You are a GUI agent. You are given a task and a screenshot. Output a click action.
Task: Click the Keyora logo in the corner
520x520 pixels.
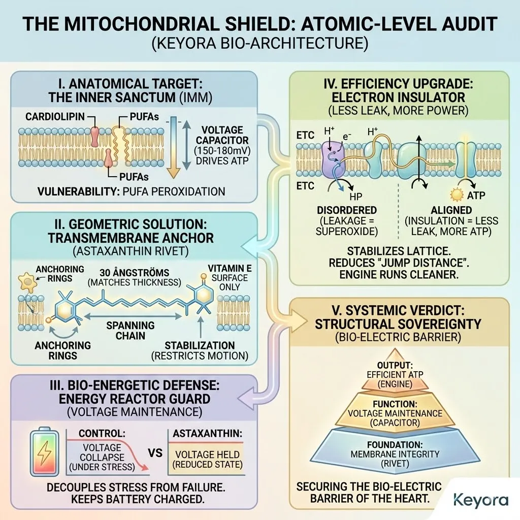[x=480, y=499]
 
